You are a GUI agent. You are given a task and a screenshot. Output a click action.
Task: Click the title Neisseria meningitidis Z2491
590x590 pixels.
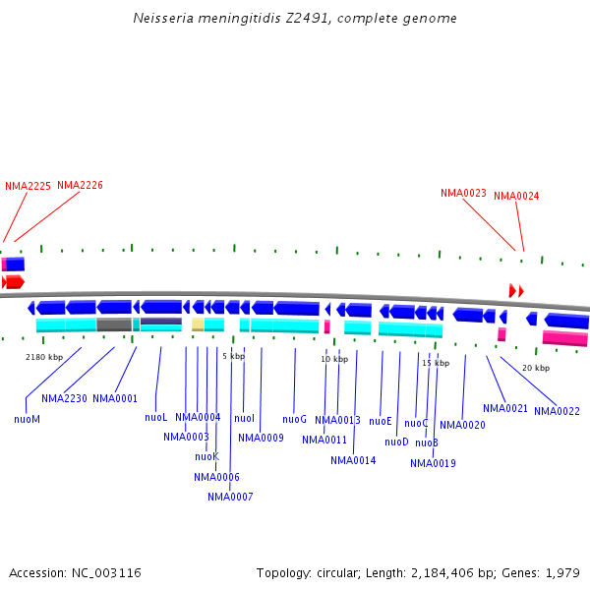click(294, 19)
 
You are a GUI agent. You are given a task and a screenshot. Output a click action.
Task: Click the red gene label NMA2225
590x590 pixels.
click(28, 186)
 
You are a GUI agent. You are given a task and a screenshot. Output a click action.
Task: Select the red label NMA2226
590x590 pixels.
click(80, 185)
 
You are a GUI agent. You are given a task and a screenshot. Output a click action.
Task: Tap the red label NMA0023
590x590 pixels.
click(463, 193)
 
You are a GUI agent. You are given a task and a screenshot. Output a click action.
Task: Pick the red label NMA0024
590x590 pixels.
click(516, 196)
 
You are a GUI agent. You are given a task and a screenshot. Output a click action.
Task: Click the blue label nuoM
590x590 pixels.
click(27, 419)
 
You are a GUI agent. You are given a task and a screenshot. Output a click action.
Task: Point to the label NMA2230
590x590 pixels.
click(64, 398)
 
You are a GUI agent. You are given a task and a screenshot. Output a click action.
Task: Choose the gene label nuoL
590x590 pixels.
click(156, 417)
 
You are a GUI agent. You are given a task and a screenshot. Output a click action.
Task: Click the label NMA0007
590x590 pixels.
click(230, 497)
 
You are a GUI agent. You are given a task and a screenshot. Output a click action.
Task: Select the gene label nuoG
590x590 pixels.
click(295, 419)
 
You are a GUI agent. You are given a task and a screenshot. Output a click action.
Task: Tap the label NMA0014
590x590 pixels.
click(353, 460)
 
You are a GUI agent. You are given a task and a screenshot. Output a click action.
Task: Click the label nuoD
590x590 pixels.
click(396, 442)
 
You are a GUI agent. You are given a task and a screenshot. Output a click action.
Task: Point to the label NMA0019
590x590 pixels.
click(433, 463)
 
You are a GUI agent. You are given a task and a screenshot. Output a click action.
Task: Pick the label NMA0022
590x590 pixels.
click(557, 411)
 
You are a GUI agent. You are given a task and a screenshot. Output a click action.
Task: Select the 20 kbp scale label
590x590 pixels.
click(535, 368)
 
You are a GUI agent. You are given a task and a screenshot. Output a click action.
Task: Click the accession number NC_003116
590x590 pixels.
click(110, 572)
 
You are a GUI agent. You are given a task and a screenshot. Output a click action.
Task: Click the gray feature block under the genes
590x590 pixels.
click(114, 324)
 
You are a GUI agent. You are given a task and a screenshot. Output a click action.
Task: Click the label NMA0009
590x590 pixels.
click(261, 438)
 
